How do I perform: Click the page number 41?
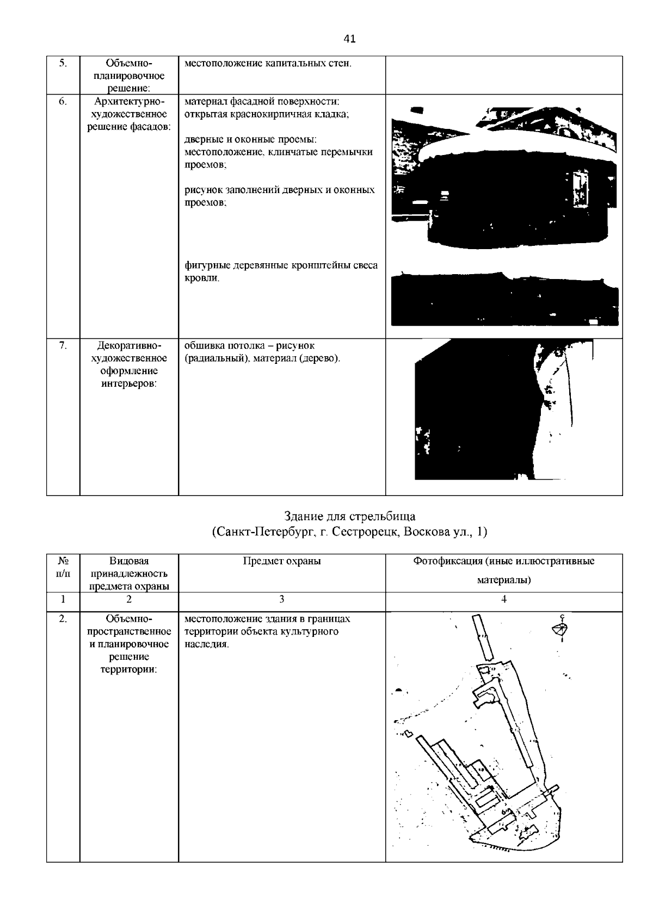pyautogui.click(x=349, y=39)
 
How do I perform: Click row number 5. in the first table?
pyautogui.click(x=63, y=63)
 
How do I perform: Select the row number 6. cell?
pyautogui.click(x=63, y=101)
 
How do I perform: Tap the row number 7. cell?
pyautogui.click(x=63, y=346)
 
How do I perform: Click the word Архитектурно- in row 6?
pyautogui.click(x=129, y=101)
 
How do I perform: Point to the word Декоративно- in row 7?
pyautogui.click(x=129, y=346)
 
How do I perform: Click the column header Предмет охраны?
pyautogui.click(x=281, y=561)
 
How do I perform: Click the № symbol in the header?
pyautogui.click(x=63, y=561)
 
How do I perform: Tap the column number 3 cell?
pyautogui.click(x=281, y=599)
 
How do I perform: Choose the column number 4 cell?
pyautogui.click(x=504, y=599)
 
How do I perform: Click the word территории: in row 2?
pyautogui.click(x=129, y=670)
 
